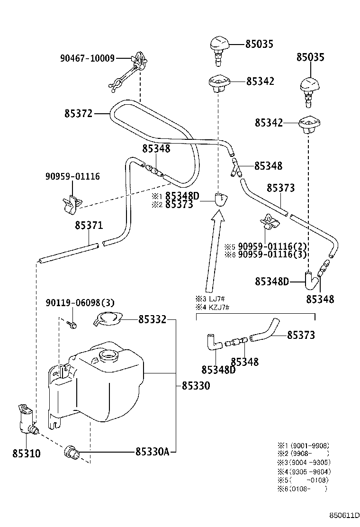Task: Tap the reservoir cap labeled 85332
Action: point(108,318)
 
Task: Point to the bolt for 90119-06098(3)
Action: point(72,325)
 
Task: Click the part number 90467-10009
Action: point(87,58)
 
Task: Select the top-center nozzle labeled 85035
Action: point(219,50)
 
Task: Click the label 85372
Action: point(78,114)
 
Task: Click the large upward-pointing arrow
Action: point(214,252)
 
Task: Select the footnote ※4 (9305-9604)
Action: point(304,472)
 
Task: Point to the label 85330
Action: point(196,385)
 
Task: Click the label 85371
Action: point(89,226)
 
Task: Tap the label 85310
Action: point(26,454)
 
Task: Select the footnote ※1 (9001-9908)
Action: point(303,445)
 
